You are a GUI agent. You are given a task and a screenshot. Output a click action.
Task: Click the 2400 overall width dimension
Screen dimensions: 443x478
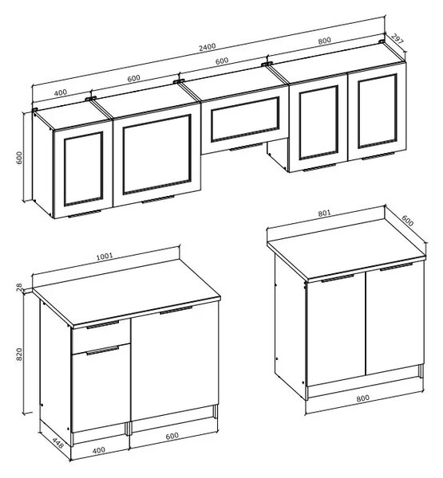[208, 47]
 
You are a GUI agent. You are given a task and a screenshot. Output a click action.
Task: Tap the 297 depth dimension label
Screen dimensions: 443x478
[398, 39]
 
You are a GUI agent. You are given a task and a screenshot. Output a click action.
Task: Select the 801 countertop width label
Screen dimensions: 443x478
[324, 213]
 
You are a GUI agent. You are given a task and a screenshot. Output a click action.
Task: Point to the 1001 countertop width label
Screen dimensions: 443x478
[105, 256]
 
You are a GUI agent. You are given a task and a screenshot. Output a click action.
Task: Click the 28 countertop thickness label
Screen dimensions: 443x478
[19, 287]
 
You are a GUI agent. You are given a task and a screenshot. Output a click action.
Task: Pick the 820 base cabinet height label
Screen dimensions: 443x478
[19, 355]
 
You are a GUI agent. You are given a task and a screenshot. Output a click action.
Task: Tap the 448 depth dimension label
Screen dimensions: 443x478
[57, 443]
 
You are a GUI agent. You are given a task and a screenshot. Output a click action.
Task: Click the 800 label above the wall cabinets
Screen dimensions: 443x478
[324, 41]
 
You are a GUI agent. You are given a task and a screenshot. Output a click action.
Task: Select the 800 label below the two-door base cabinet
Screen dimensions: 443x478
[362, 398]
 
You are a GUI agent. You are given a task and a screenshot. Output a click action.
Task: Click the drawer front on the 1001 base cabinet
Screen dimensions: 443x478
[101, 335]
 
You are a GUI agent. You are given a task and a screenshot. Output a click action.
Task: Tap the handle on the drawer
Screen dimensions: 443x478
[103, 324]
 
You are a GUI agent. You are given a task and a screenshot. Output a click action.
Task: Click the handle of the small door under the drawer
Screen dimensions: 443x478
[103, 351]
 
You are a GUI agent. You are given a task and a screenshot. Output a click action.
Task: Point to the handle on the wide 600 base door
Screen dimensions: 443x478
[176, 311]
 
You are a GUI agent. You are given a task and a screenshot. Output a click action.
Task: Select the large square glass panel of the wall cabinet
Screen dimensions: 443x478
[157, 155]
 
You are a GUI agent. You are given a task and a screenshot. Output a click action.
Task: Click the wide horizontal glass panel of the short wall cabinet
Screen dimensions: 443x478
[245, 119]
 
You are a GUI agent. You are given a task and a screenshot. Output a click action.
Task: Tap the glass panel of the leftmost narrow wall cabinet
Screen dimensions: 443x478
[83, 168]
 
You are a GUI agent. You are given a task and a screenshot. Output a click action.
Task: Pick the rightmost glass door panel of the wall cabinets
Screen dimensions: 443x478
[378, 112]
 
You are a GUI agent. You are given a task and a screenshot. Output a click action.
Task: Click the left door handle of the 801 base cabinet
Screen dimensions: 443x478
[338, 278]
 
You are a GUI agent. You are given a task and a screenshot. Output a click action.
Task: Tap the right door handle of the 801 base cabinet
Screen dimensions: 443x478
[396, 267]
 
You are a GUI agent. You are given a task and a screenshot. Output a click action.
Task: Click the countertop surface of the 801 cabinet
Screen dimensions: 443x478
[346, 247]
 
